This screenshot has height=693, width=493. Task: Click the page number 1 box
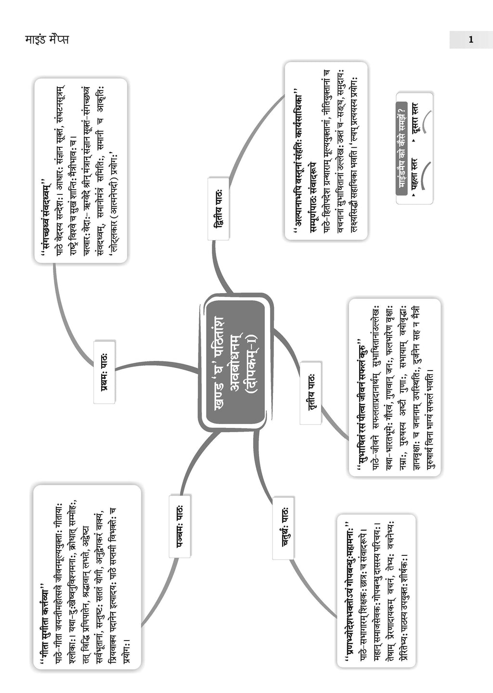[470, 40]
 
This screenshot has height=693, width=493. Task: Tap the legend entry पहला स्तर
[413, 178]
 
